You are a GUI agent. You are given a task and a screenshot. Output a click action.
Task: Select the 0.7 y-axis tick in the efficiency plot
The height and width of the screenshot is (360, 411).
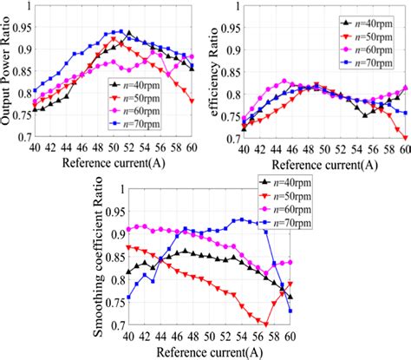coord(232,137)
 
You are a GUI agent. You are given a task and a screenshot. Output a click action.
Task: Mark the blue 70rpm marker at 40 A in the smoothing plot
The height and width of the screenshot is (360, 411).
coord(129,298)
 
